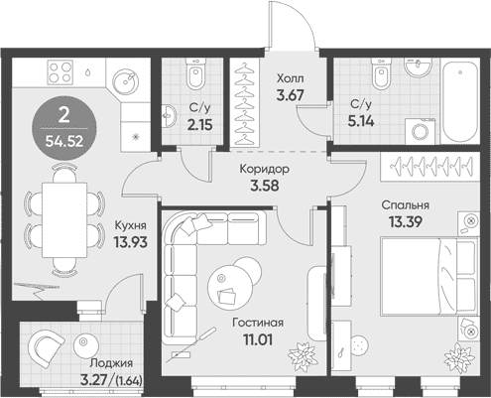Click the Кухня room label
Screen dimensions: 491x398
pos(130,225)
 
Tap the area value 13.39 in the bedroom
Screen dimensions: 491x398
pos(405,222)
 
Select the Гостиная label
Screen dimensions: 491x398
pos(258,323)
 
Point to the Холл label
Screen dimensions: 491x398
pos(291,78)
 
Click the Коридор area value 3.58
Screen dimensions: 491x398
pos(265,186)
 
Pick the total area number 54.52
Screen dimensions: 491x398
pos(64,142)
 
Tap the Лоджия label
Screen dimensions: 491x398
pos(111,363)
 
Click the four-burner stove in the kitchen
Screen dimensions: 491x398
pos(61,72)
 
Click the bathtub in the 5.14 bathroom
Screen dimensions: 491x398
pos(460,101)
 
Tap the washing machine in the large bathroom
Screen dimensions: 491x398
pos(421,131)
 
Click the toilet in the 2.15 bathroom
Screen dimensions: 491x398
pos(195,73)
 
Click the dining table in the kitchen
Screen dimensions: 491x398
pos(64,220)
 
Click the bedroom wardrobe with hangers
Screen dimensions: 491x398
pos(430,167)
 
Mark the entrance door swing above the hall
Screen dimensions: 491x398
pos(293,25)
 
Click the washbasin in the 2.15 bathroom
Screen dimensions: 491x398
pos(169,115)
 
